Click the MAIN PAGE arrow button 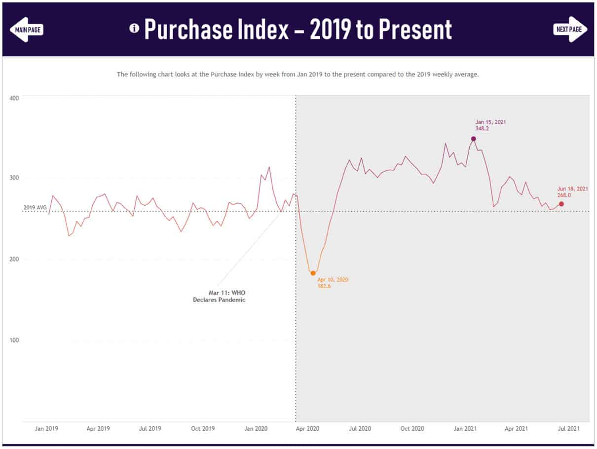(27, 29)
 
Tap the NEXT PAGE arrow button (570, 29)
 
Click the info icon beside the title (134, 28)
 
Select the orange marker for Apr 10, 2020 (313, 273)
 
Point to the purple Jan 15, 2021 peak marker (473, 139)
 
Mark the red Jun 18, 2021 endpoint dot (561, 204)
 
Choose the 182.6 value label (325, 286)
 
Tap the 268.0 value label (565, 195)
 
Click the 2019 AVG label (35, 208)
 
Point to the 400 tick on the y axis (14, 98)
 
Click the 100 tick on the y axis (14, 340)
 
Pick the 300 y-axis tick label (14, 178)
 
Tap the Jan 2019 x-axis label (46, 429)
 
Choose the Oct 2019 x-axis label (202, 429)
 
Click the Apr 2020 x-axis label (307, 429)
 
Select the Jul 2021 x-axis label (568, 429)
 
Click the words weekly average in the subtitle (459, 74)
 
